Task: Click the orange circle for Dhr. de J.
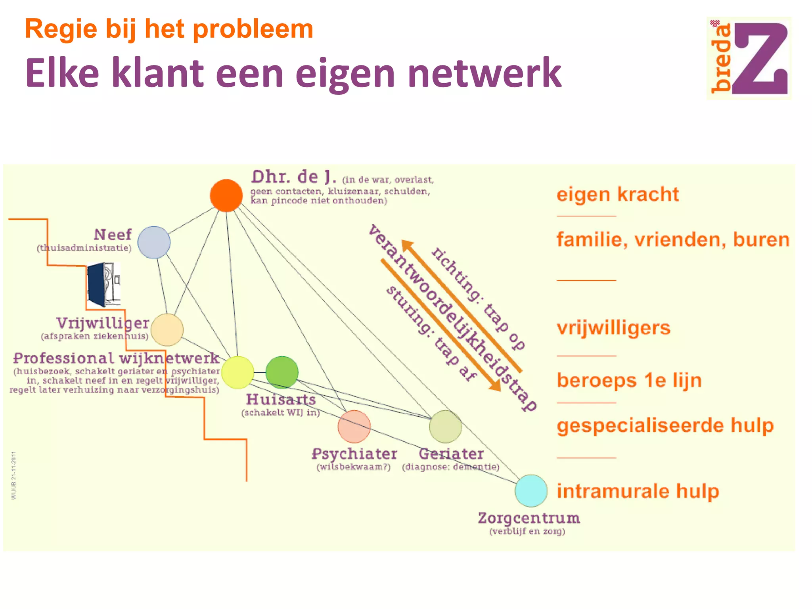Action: (x=226, y=195)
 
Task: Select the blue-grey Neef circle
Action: (x=154, y=242)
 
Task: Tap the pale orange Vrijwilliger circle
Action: (x=167, y=329)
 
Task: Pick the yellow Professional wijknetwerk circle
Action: (x=237, y=372)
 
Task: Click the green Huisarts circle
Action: (x=282, y=372)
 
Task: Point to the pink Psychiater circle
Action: (x=354, y=427)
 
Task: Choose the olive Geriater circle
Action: (x=446, y=427)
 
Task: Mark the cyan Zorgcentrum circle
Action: (x=531, y=491)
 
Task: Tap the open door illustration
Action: (x=104, y=284)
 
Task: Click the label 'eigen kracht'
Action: (x=618, y=194)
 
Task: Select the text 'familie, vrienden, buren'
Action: (x=673, y=239)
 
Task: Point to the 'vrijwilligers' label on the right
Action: (x=613, y=328)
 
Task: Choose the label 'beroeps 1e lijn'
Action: (x=629, y=380)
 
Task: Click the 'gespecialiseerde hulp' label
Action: (x=665, y=425)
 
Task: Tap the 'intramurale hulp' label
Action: (x=638, y=491)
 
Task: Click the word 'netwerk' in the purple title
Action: (x=484, y=73)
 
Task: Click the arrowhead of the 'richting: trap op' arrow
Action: (x=407, y=245)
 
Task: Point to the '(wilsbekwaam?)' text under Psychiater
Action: (x=354, y=467)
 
